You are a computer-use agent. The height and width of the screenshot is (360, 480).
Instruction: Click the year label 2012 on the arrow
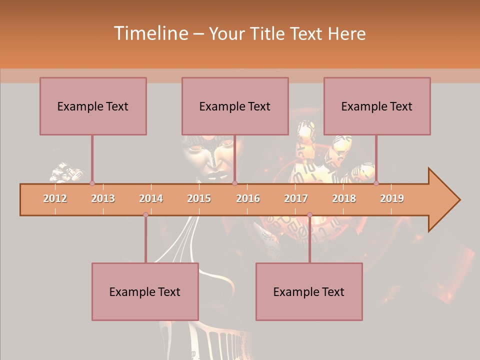click(55, 198)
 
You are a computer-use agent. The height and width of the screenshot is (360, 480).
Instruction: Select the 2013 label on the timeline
click(103, 198)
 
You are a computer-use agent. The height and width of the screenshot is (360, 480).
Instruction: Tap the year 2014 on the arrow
click(151, 198)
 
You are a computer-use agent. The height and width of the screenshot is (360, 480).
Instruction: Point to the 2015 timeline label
click(199, 198)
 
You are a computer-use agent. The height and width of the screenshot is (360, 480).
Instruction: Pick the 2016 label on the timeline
click(248, 198)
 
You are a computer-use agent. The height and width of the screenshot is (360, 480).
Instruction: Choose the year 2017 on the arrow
click(296, 198)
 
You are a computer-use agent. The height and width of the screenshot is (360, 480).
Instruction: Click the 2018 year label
click(344, 198)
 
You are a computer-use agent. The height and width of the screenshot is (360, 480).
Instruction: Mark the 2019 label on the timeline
click(392, 198)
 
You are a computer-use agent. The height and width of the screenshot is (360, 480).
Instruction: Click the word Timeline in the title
click(150, 33)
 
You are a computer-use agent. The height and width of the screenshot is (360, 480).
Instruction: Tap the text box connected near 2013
click(93, 106)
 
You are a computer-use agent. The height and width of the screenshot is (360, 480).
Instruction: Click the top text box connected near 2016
click(235, 106)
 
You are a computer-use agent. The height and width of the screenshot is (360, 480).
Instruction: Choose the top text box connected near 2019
click(377, 106)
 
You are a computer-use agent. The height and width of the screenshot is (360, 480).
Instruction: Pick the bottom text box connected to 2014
click(145, 291)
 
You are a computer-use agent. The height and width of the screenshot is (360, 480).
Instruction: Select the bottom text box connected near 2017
click(309, 291)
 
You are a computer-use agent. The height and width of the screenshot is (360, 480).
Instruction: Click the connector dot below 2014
click(145, 215)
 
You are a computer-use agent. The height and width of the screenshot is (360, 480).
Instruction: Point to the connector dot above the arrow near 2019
click(376, 183)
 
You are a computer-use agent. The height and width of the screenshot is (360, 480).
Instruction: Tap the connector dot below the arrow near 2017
click(309, 215)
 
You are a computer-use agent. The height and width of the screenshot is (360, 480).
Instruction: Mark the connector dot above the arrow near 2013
click(92, 183)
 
